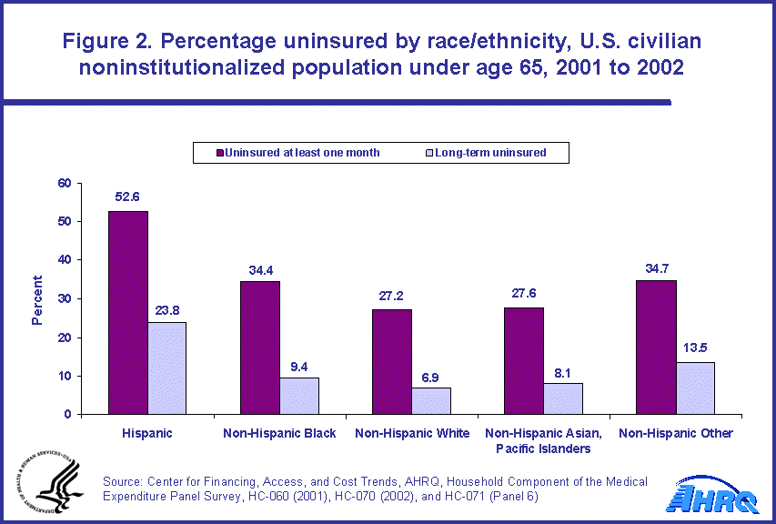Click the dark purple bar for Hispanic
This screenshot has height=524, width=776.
coord(128,313)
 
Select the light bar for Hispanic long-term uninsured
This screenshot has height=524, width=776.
coord(166,368)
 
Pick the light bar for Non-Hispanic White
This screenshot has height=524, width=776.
coord(431,401)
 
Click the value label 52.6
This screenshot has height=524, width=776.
coord(127,196)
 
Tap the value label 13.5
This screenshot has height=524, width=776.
coord(695,348)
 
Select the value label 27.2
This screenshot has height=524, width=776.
coord(392,295)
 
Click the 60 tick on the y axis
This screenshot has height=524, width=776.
coord(64,183)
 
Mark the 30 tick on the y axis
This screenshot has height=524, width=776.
coord(64,298)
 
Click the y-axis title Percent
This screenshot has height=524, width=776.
coord(37,300)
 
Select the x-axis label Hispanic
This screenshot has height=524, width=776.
coord(147,433)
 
